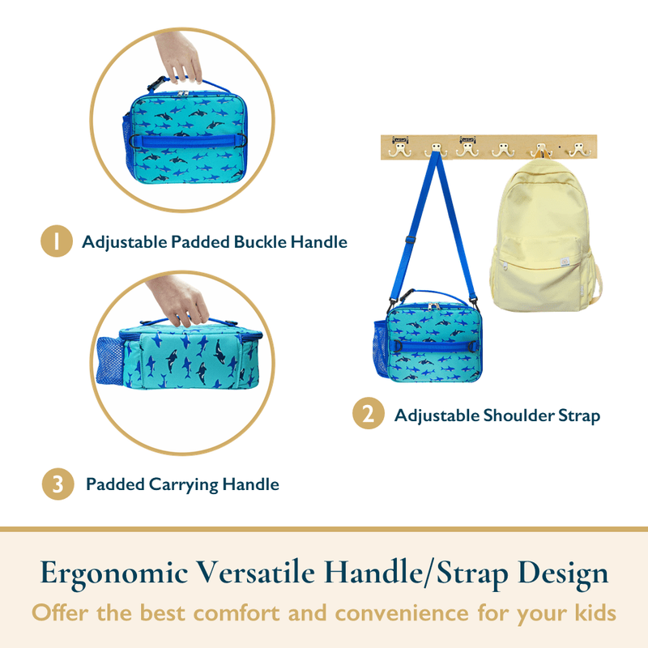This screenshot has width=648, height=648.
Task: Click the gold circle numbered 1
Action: [57, 241]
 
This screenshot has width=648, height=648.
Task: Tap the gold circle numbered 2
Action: [369, 413]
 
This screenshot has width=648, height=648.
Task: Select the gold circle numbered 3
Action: [58, 484]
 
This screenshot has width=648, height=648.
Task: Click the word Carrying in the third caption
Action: [183, 485]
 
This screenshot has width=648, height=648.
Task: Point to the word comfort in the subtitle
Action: [237, 612]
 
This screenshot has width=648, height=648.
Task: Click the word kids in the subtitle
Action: [595, 612]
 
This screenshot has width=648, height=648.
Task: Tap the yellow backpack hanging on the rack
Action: [545, 236]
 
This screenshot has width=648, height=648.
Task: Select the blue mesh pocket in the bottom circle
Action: [109, 360]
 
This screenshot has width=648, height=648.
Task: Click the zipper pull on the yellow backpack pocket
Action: [505, 266]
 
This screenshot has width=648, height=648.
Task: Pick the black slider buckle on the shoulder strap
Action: [410, 240]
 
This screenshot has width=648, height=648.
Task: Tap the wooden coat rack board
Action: [488, 147]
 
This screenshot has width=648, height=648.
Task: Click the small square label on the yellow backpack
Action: [565, 262]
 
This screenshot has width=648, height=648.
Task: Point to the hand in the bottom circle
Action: [178, 301]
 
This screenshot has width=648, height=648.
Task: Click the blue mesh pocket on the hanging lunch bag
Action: [380, 347]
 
